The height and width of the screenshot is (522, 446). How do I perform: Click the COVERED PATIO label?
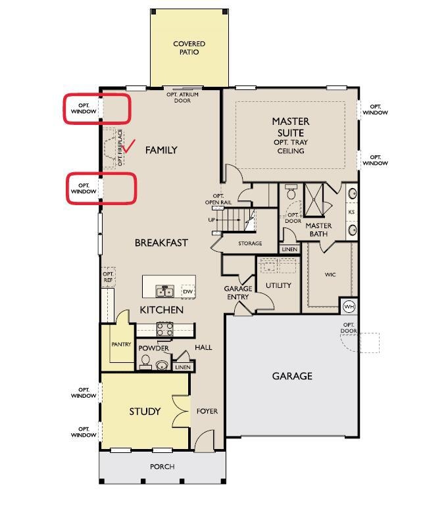click(189, 48)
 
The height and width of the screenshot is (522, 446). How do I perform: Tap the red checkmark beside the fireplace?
click(128, 147)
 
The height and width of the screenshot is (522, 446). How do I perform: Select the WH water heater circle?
click(349, 306)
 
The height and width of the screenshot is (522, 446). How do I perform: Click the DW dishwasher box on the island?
click(188, 291)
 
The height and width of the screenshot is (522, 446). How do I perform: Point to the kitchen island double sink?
click(165, 291)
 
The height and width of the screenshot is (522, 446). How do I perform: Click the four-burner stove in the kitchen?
click(165, 329)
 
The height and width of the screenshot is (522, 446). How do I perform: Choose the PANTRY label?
click(121, 344)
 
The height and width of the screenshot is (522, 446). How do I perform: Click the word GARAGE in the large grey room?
click(292, 376)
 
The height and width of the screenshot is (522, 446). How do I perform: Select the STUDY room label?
click(145, 412)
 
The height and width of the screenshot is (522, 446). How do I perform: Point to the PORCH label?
click(162, 466)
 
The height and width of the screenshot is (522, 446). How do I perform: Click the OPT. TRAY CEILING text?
click(291, 147)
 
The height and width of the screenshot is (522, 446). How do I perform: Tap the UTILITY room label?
click(278, 285)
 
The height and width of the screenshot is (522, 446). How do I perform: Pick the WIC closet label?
click(330, 274)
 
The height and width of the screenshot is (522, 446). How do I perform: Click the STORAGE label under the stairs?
click(250, 243)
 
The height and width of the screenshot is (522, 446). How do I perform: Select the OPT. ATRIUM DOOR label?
click(182, 97)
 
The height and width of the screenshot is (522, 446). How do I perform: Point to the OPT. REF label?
click(108, 277)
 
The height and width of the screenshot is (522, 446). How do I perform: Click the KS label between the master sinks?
click(351, 212)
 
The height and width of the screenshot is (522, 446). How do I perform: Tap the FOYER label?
click(207, 411)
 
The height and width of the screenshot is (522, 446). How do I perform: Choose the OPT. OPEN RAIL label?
click(218, 199)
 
